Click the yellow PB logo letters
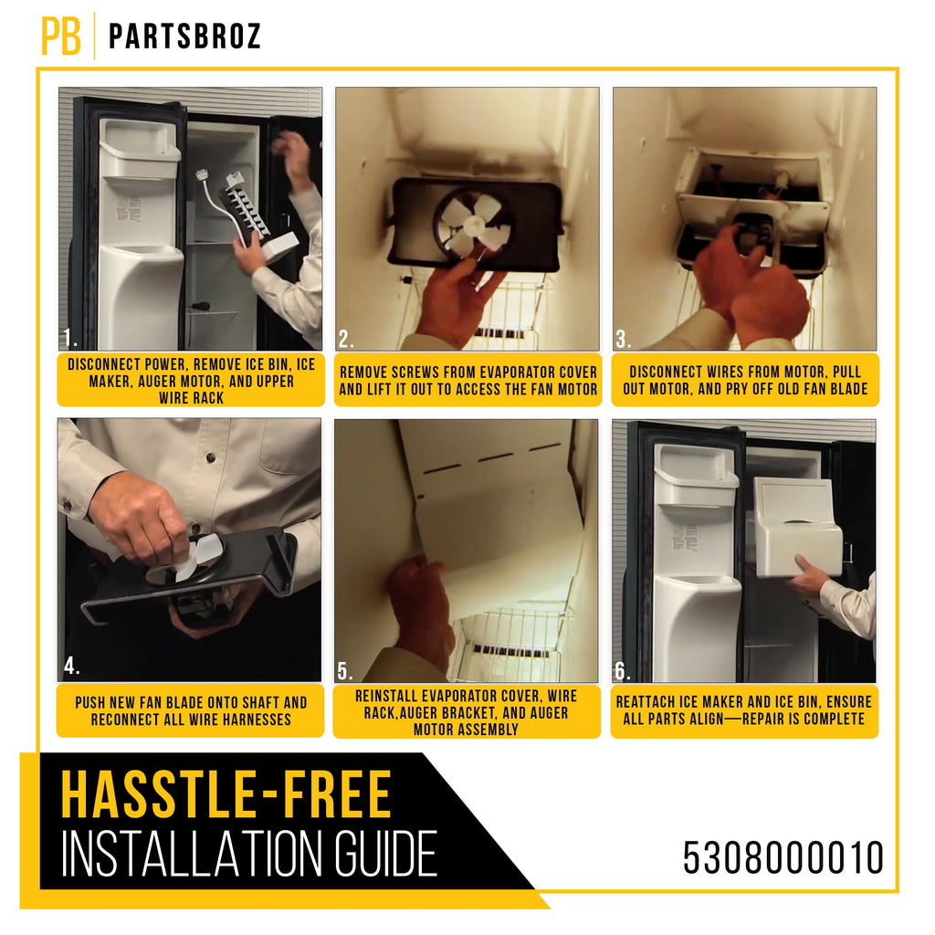[61, 36]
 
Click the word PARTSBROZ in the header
[184, 37]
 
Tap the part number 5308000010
[783, 857]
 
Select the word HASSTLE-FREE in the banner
[226, 794]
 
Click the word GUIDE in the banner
[384, 854]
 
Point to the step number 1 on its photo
[69, 340]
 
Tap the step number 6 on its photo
[622, 671]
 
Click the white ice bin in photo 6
[798, 527]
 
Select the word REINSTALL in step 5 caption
[386, 696]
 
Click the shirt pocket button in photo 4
[211, 457]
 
